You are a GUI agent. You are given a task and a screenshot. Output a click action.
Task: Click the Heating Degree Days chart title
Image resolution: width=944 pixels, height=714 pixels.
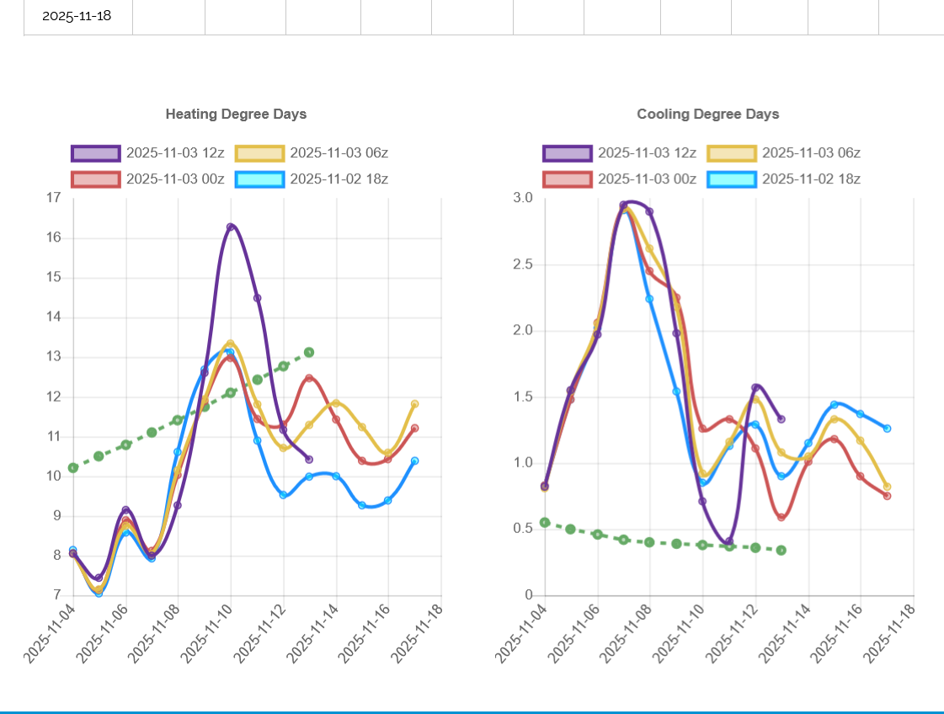236,114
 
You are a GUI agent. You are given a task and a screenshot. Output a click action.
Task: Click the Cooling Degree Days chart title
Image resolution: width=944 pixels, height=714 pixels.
707,114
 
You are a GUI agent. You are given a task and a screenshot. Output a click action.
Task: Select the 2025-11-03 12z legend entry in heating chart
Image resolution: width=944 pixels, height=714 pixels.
148,153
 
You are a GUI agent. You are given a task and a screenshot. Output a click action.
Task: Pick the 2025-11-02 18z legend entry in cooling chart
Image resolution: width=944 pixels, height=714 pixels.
783,178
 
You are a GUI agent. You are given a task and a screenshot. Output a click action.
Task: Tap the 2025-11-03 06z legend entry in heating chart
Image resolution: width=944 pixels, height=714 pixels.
312,153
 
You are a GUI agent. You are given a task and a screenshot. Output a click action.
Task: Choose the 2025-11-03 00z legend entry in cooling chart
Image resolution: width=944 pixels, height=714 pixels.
620,178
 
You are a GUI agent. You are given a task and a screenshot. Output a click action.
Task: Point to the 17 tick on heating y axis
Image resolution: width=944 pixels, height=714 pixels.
54,198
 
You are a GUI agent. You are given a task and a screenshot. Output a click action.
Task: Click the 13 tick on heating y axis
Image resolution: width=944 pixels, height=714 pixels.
54,357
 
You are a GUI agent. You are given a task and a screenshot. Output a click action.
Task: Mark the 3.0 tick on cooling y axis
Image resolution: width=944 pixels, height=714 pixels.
524,198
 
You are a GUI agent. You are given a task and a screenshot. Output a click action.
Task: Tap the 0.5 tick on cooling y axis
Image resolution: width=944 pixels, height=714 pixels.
524,529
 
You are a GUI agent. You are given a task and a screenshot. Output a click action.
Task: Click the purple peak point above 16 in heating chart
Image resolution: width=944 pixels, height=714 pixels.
231,227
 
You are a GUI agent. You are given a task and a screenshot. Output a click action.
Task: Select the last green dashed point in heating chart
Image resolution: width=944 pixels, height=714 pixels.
309,352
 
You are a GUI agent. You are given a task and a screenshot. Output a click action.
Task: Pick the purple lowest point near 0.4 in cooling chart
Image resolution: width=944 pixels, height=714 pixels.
729,542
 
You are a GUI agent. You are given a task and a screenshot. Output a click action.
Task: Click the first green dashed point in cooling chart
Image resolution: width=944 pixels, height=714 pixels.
545,522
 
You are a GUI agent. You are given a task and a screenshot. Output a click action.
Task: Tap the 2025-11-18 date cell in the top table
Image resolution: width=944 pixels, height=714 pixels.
77,15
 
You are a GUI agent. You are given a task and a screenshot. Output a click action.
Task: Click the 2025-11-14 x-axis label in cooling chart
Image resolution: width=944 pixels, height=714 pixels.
780,631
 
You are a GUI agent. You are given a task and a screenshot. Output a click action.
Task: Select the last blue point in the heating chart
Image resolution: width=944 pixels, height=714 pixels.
415,461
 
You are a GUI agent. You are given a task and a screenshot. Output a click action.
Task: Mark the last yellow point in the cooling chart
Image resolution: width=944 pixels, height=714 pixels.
887,487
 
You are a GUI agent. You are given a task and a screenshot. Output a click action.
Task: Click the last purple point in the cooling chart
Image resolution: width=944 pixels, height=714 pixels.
781,418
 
